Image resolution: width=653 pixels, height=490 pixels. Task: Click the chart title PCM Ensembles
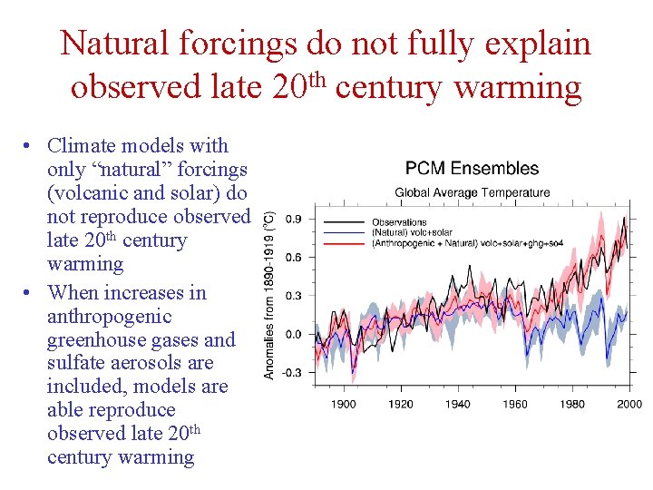click(472, 169)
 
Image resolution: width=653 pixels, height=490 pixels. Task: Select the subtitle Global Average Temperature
click(472, 192)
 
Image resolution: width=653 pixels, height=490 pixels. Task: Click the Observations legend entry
click(398, 221)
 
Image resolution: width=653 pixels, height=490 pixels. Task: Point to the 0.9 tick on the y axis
click(294, 219)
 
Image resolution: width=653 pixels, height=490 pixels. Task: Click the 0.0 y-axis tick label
click(294, 334)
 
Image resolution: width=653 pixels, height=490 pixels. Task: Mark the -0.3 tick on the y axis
click(292, 372)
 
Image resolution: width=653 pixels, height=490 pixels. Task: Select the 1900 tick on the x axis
click(343, 404)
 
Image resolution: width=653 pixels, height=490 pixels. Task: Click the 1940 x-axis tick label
click(458, 404)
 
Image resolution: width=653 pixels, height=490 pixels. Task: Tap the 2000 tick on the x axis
click(629, 404)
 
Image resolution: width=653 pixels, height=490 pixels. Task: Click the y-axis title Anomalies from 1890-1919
click(269, 296)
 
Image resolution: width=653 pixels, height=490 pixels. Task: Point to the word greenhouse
click(94, 340)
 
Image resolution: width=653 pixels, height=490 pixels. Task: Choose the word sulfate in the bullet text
click(76, 364)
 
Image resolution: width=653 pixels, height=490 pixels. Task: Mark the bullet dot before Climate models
click(30, 147)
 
